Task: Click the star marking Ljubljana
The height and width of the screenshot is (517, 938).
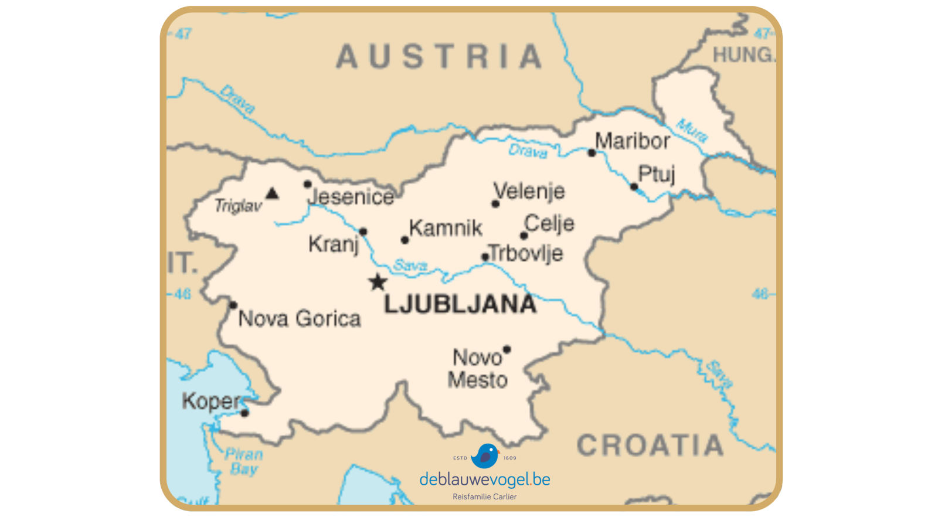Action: coord(378,283)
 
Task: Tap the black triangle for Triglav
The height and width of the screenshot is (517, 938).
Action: coord(272,193)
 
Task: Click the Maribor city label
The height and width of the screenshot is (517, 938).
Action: coord(632,141)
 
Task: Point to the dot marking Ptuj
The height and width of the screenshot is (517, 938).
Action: coord(634,187)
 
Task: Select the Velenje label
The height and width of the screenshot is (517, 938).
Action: coord(529,191)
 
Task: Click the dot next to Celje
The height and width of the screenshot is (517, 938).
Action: coord(524,236)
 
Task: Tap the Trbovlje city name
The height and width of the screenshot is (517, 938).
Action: coord(526,253)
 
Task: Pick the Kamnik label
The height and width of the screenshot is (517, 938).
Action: coord(446,227)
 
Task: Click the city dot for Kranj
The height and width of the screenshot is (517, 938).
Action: coord(363,232)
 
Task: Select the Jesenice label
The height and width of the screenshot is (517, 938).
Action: coord(351,197)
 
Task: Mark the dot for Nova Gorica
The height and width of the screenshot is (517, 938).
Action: coord(233,305)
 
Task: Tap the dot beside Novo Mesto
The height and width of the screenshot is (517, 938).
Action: coord(507,349)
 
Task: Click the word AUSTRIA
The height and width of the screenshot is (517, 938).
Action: coord(439,57)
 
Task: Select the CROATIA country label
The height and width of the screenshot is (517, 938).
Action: coord(650,445)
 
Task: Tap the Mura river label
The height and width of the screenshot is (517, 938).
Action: coord(692,130)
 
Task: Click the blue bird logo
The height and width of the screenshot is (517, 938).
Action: coord(485,455)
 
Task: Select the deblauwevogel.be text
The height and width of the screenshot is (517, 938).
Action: coord(485,479)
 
